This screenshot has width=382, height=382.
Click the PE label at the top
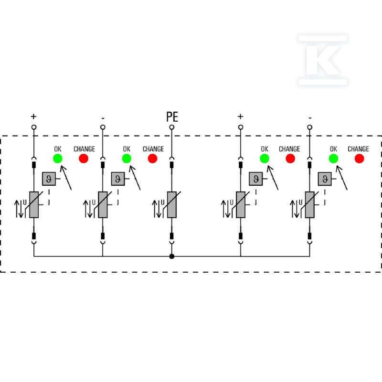pos(172,117)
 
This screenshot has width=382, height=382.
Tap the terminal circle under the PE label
pos(172,127)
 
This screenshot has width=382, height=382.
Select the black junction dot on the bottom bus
pos(172,256)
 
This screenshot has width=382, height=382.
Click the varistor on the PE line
pos(172,205)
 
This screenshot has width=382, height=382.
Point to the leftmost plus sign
pos(33,117)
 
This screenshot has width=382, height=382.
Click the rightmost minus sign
pos(310,118)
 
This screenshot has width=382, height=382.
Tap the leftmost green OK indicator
pos(58,159)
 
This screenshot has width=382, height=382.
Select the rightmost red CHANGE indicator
pos(360,159)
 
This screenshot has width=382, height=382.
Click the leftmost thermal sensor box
pos(49,179)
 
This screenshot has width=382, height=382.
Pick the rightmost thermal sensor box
pos(325,179)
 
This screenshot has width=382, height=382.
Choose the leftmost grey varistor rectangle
pos(34,205)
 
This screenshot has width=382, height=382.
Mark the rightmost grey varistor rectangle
pos(309,205)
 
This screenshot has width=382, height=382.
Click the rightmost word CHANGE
pos(358,149)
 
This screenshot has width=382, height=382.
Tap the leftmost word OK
pos(58,149)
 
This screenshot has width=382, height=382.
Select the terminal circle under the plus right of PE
pos(241,127)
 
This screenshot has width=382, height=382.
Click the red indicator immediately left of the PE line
pos(152,159)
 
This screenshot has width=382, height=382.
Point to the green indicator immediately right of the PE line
pos(265,159)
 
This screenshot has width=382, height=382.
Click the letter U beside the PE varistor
pos(162,202)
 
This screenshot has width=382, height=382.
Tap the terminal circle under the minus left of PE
pos(103,127)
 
